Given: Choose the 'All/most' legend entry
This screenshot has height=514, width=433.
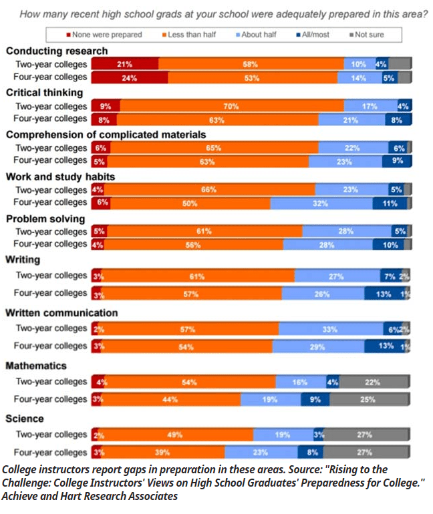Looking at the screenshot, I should click(x=313, y=34).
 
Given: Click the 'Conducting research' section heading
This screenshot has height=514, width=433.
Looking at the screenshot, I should click(x=56, y=51).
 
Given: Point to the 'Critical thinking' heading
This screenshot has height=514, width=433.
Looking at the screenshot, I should click(x=44, y=93).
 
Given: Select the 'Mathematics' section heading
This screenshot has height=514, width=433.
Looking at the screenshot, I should click(x=36, y=366).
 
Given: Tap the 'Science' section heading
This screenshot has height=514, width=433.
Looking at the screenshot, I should click(x=25, y=419).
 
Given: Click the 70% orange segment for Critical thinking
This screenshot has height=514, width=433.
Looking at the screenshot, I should click(x=231, y=106).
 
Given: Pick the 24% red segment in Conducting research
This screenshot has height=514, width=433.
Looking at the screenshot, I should click(x=130, y=77).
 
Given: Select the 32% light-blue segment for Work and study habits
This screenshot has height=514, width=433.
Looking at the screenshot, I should click(x=321, y=203).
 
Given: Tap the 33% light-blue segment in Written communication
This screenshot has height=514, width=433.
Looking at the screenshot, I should click(x=329, y=329).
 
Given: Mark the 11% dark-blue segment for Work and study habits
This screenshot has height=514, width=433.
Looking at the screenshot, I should click(x=390, y=203).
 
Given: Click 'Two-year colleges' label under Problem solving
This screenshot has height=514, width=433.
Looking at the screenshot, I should click(x=51, y=232).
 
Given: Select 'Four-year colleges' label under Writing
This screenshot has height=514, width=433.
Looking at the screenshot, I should click(x=51, y=293).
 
